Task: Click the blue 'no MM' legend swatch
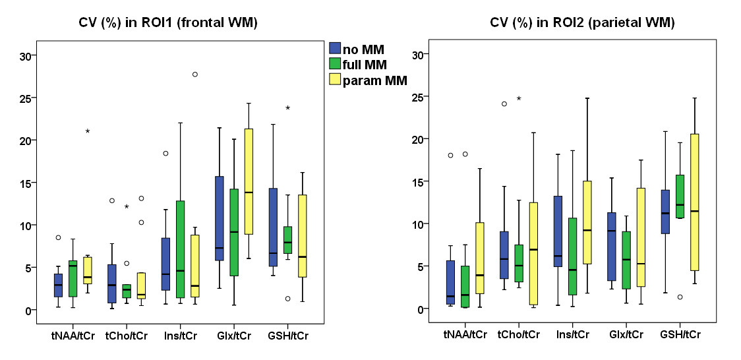(x=335, y=49)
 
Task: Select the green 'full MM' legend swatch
(x=335, y=65)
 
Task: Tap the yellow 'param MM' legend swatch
(x=335, y=80)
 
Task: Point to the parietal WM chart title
(x=582, y=22)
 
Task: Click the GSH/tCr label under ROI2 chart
(x=680, y=334)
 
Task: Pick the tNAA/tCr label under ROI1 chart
(x=73, y=336)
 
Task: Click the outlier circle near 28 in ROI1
(x=195, y=74)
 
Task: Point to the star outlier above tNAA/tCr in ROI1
(x=87, y=131)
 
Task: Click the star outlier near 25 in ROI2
(x=519, y=99)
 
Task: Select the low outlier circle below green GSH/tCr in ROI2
(x=680, y=297)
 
